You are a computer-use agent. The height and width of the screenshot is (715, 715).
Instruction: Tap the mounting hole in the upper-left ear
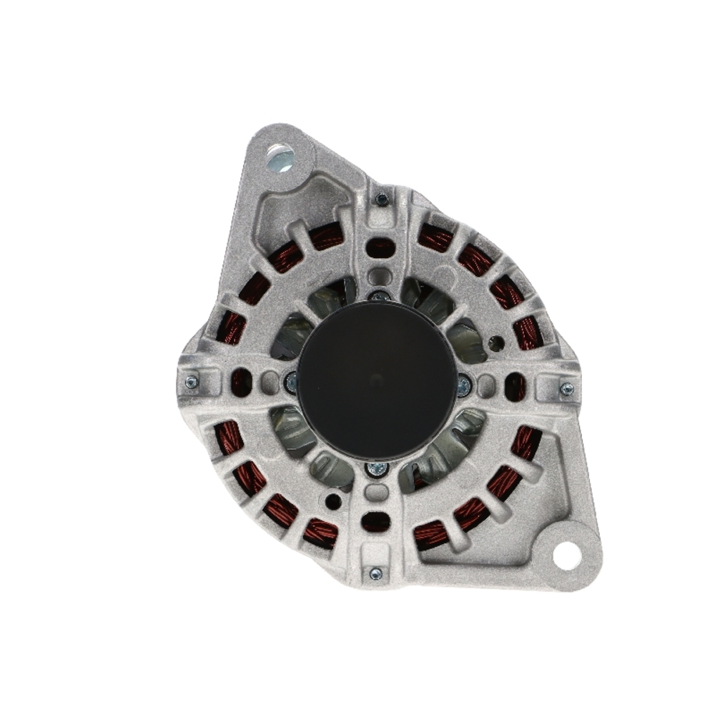pos(279,154)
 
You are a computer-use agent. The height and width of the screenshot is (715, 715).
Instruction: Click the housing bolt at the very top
pos(383,199)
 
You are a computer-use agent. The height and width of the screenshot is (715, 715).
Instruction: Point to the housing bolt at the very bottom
pos(375,573)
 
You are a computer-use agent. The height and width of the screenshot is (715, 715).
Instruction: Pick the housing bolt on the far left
pos(191,383)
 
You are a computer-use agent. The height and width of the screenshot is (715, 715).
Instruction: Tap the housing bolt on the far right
pos(566,389)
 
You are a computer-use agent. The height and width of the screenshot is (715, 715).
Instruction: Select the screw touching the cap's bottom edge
pos(377,469)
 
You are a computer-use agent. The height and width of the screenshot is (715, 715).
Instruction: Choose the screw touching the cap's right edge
pos(463,386)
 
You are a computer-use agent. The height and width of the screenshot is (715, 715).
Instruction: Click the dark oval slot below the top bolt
pos(380,248)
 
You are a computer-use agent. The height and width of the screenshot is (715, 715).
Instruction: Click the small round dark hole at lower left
pos(333,501)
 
